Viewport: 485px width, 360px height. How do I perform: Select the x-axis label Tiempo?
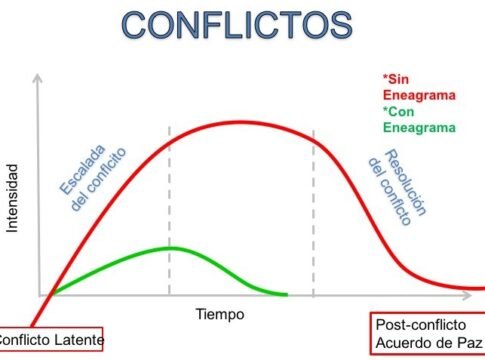pos(220,313)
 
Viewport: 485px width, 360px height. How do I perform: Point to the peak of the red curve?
pos(240,122)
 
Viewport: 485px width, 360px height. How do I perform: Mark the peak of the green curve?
pos(168,247)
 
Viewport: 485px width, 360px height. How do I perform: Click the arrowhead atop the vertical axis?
pos(38,79)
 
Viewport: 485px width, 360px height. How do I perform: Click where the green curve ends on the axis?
pos(286,295)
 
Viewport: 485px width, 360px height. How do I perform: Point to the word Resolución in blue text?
pos(405,181)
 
